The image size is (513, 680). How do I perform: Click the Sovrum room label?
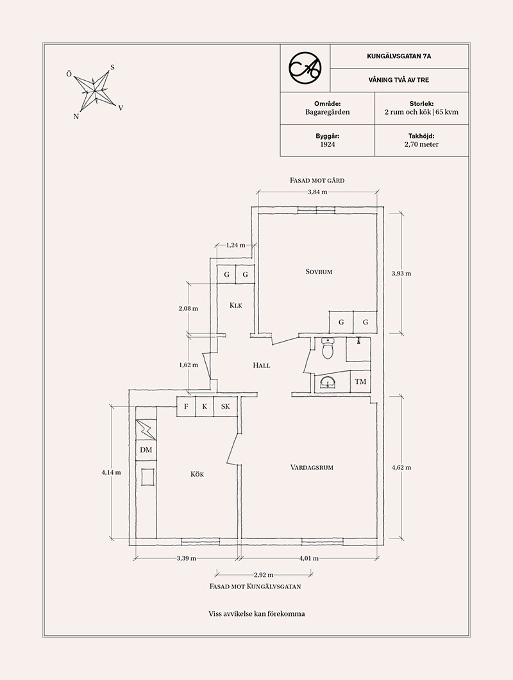(319, 272)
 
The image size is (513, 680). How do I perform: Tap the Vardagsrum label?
(312, 467)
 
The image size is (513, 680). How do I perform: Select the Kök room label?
(196, 474)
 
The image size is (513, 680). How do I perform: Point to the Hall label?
(262, 365)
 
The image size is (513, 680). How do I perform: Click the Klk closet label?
(235, 306)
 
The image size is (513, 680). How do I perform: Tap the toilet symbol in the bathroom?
(328, 350)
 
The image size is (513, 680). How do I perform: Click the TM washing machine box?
(360, 383)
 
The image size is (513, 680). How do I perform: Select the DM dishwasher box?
(146, 451)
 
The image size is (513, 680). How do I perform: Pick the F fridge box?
(186, 406)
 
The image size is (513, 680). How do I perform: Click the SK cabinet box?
(225, 406)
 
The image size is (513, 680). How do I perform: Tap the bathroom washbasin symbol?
(328, 383)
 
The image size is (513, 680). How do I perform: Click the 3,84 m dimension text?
(317, 192)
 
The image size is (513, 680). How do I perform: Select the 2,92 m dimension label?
(264, 574)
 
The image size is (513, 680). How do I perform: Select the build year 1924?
(327, 145)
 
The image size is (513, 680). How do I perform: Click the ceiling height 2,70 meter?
(422, 145)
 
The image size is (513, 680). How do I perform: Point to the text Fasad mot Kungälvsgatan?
(255, 586)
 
